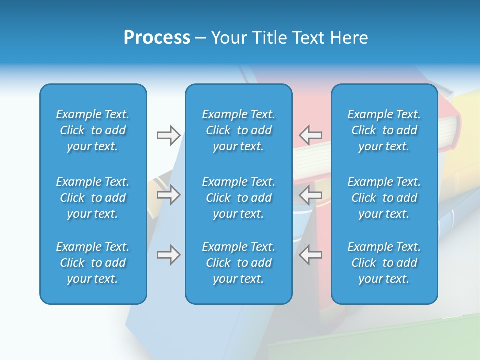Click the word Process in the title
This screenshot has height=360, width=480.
[157, 38]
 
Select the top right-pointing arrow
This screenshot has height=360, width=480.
[168, 135]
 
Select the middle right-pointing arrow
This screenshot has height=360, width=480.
[168, 194]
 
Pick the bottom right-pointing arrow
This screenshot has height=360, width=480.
[168, 255]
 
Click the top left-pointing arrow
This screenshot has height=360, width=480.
[311, 135]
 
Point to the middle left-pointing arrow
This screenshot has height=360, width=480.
[311, 194]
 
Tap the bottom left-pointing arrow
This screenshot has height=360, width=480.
[311, 255]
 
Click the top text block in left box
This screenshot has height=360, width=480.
[93, 130]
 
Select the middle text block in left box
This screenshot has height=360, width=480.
[93, 198]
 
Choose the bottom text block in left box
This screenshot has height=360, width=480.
[93, 263]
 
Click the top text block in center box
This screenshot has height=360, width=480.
[239, 130]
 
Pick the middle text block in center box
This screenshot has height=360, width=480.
[239, 198]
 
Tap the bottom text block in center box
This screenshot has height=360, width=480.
[239, 263]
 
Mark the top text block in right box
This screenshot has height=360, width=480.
[384, 130]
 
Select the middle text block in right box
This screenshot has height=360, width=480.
[384, 198]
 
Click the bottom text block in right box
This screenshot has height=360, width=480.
[384, 263]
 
